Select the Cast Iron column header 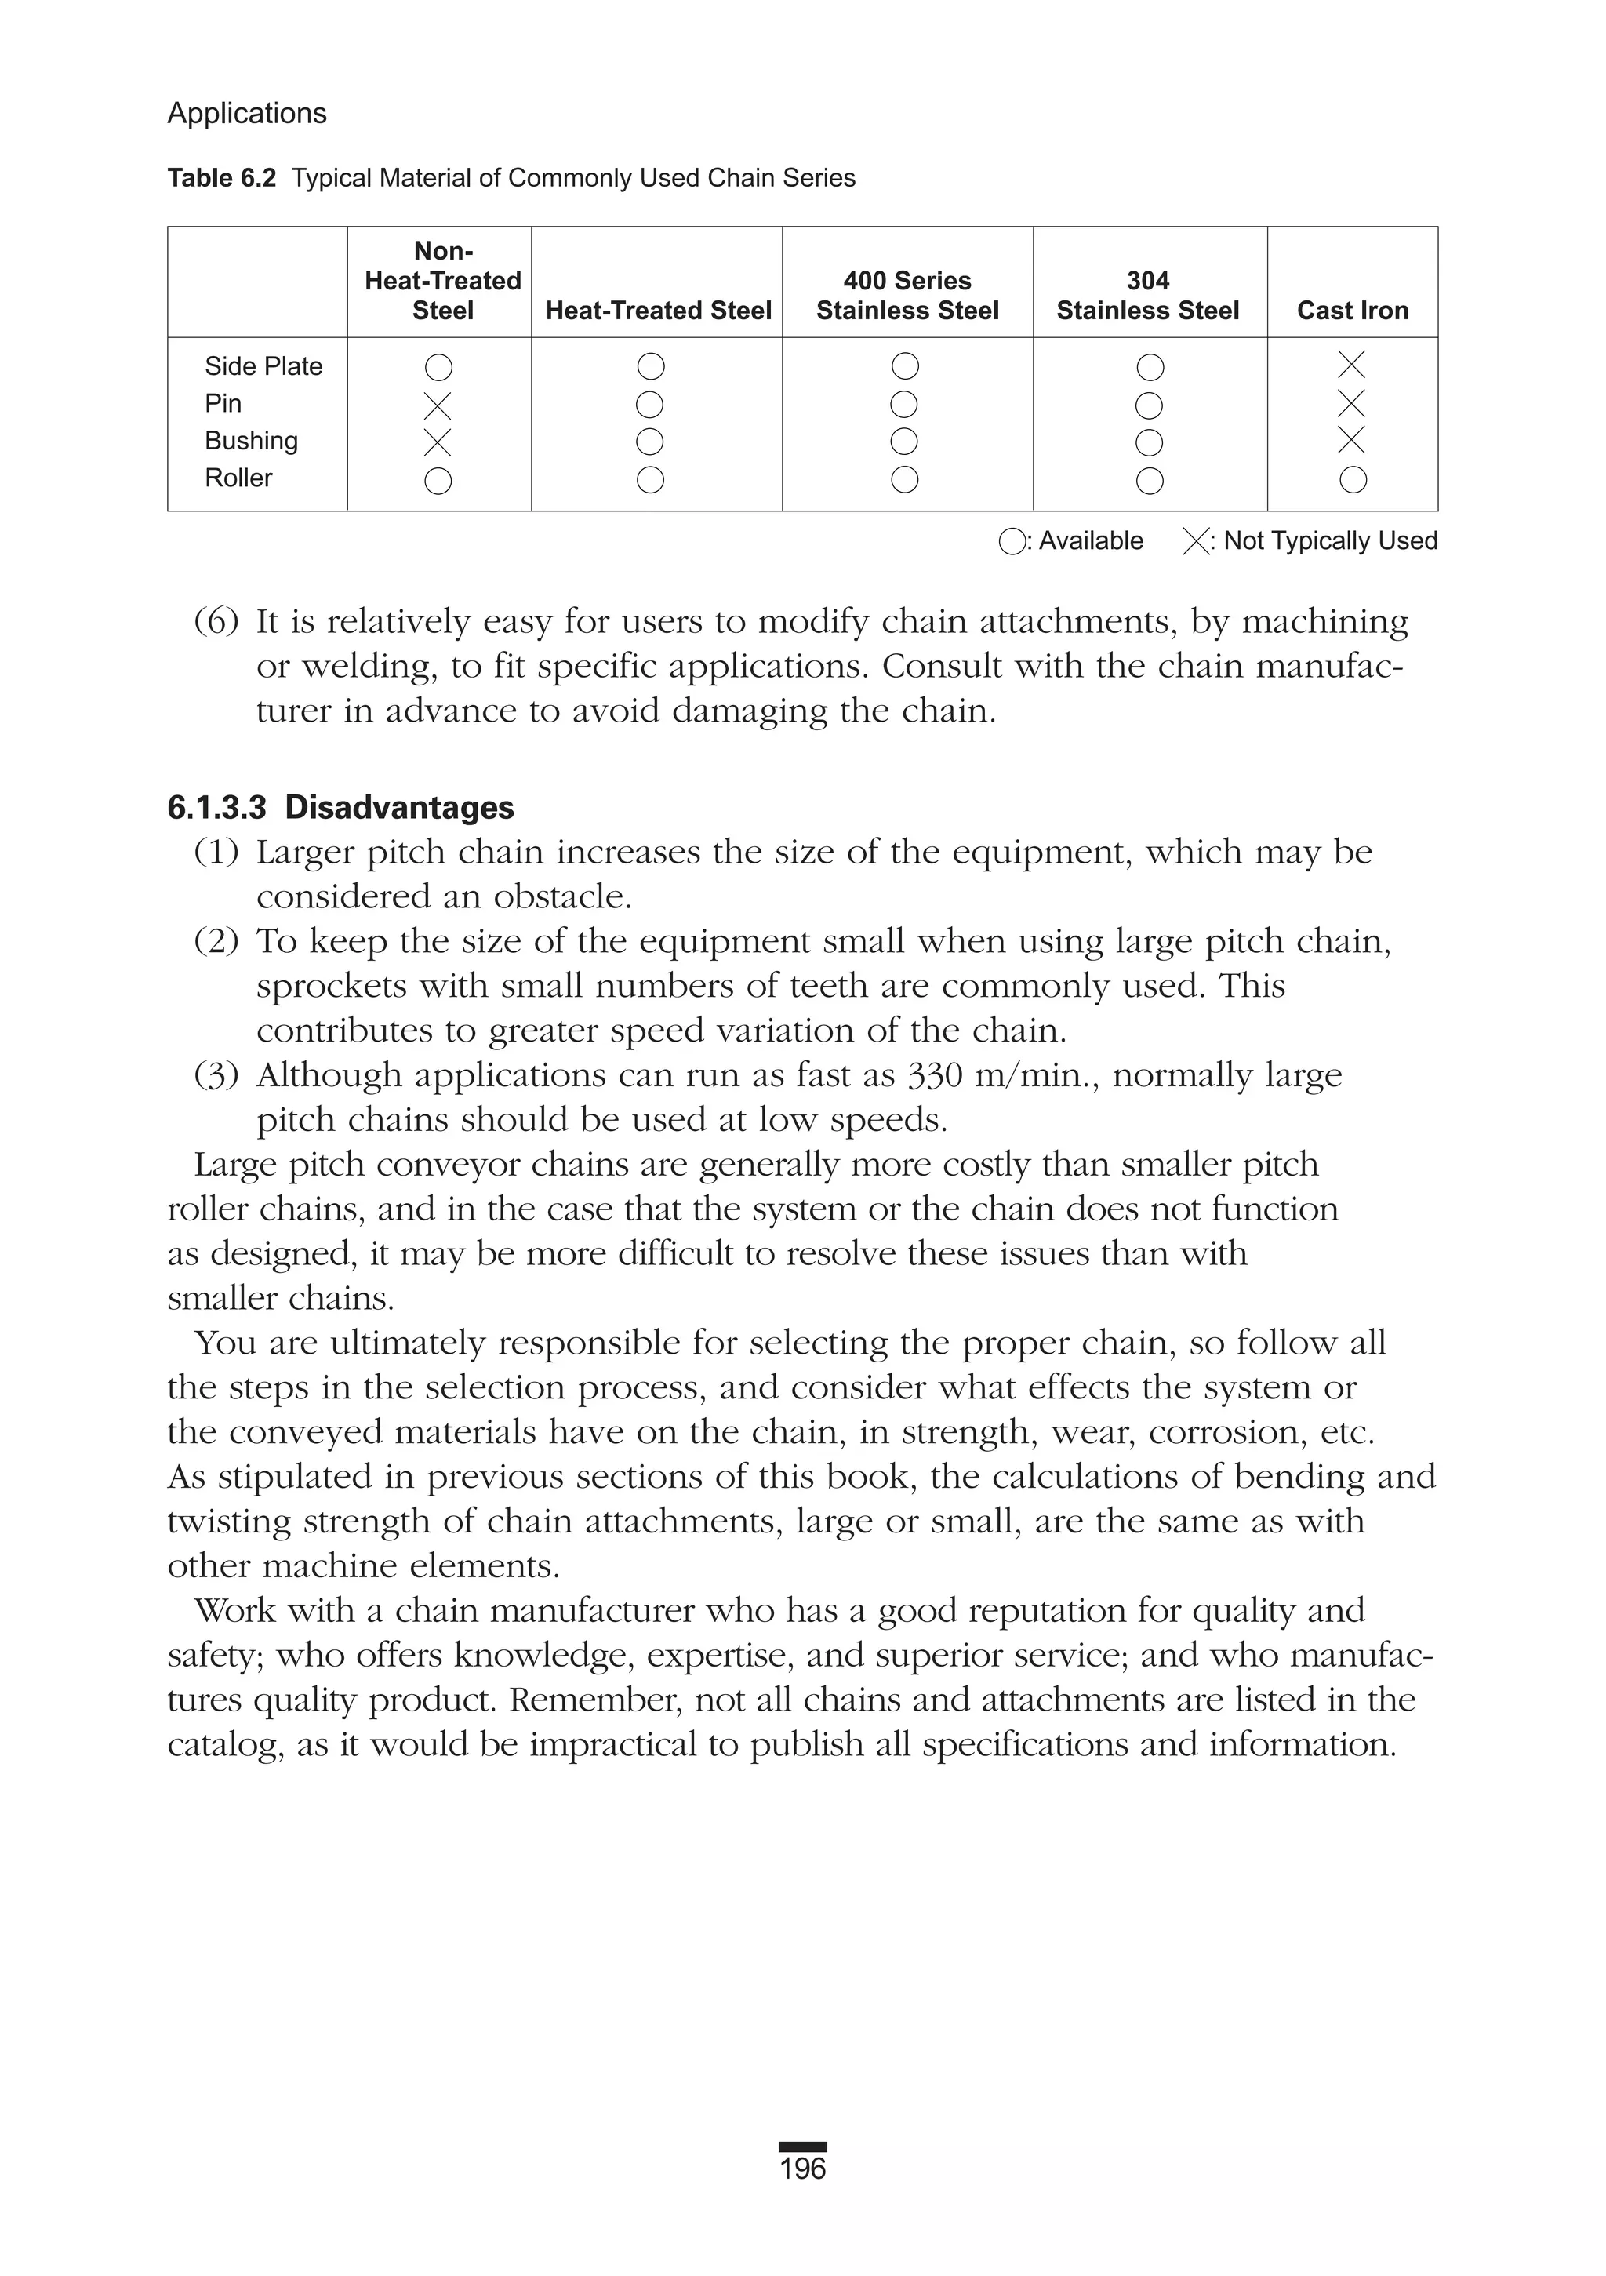[x=1352, y=311]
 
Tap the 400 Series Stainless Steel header [x=907, y=296]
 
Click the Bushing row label [x=251, y=440]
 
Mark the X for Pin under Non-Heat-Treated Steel [x=438, y=405]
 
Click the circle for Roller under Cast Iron [x=1352, y=480]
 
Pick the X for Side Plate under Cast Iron [x=1351, y=365]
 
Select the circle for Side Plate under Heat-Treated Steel [x=650, y=367]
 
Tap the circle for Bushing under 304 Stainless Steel [x=1149, y=442]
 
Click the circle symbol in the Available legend [x=1011, y=542]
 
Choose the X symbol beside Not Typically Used [x=1196, y=542]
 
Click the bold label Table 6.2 [x=221, y=179]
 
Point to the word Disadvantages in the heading [x=398, y=808]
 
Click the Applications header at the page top [x=247, y=113]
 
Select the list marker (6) [x=216, y=621]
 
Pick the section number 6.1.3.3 [x=217, y=808]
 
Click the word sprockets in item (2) [x=330, y=987]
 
